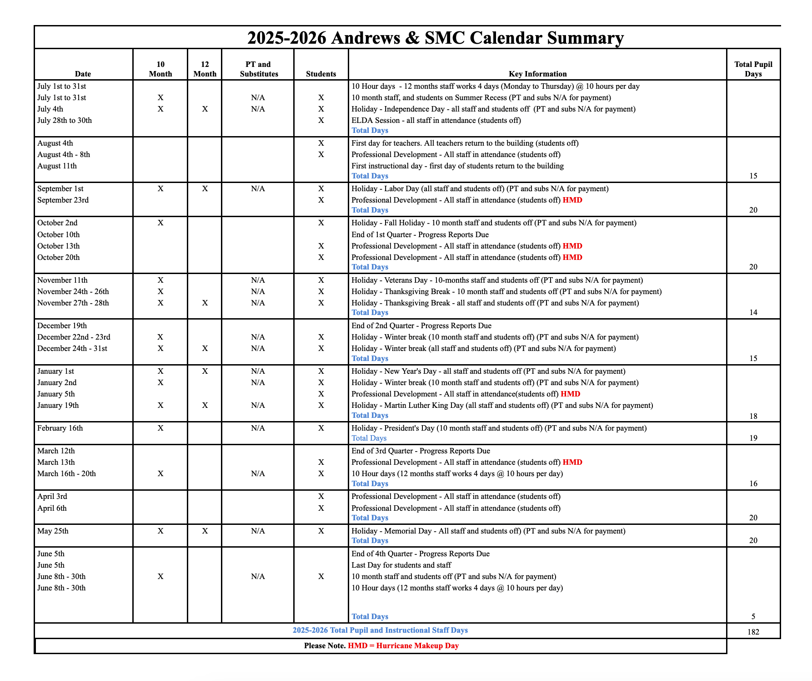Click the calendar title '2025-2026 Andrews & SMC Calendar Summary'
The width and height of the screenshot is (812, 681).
[x=435, y=38]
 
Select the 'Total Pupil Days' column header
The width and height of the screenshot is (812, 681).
[x=753, y=69]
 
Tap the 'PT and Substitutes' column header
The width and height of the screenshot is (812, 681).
[x=258, y=69]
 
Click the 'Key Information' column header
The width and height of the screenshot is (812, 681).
[x=537, y=74]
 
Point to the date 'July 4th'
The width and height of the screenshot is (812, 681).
[x=50, y=109]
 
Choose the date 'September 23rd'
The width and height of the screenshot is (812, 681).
[x=63, y=200]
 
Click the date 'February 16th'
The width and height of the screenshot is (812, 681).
[x=60, y=428]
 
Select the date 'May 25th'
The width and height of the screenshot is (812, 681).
[x=53, y=531]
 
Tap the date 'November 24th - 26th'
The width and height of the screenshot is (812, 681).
[x=73, y=291]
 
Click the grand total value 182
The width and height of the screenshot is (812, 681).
[x=753, y=632]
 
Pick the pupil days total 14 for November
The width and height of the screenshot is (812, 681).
[x=753, y=312]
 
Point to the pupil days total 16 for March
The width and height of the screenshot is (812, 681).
[x=753, y=483]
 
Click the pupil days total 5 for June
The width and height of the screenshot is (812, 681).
[x=753, y=616]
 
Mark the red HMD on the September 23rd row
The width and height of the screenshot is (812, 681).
[x=572, y=200]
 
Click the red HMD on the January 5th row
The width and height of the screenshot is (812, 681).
[x=570, y=394]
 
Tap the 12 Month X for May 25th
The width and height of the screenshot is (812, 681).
[x=205, y=531]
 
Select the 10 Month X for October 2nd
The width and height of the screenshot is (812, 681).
[x=160, y=223]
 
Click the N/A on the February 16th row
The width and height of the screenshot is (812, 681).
[x=258, y=428]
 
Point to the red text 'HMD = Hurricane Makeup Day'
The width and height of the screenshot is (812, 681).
[x=403, y=645]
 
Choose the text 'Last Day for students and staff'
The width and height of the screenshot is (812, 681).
[x=401, y=565]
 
